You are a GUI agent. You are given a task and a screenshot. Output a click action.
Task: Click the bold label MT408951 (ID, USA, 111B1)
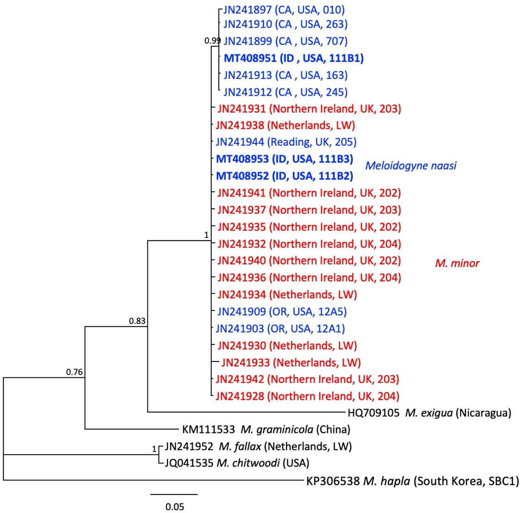(x=294, y=58)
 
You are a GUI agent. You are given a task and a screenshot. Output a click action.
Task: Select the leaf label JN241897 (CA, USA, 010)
(x=284, y=10)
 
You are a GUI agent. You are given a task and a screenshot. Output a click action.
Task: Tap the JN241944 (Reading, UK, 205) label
(x=286, y=142)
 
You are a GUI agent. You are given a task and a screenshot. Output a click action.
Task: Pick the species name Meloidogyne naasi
(x=411, y=165)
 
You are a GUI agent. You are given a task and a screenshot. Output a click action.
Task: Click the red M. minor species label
(x=457, y=263)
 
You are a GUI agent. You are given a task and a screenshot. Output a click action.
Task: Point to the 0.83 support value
(x=137, y=321)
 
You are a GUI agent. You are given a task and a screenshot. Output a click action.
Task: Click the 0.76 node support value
(x=74, y=372)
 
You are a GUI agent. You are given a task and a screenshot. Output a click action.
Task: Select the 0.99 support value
(x=212, y=41)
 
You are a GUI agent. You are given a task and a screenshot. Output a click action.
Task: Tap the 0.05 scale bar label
(x=175, y=507)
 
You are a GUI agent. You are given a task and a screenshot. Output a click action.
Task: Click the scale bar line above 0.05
(x=174, y=494)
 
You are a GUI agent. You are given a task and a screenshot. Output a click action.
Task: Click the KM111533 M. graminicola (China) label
(x=266, y=429)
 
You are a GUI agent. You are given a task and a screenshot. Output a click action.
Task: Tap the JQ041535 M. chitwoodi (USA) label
(x=237, y=463)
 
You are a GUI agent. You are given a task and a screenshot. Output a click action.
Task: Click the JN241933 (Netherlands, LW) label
(x=291, y=363)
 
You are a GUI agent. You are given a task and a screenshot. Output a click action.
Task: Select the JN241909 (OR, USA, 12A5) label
(x=282, y=312)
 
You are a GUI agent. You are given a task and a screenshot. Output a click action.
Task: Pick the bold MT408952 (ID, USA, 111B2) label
(x=285, y=176)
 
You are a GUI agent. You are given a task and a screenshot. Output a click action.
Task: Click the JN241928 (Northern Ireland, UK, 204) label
(x=308, y=396)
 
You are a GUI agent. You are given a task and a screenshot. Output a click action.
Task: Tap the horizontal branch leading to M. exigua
(x=246, y=412)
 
